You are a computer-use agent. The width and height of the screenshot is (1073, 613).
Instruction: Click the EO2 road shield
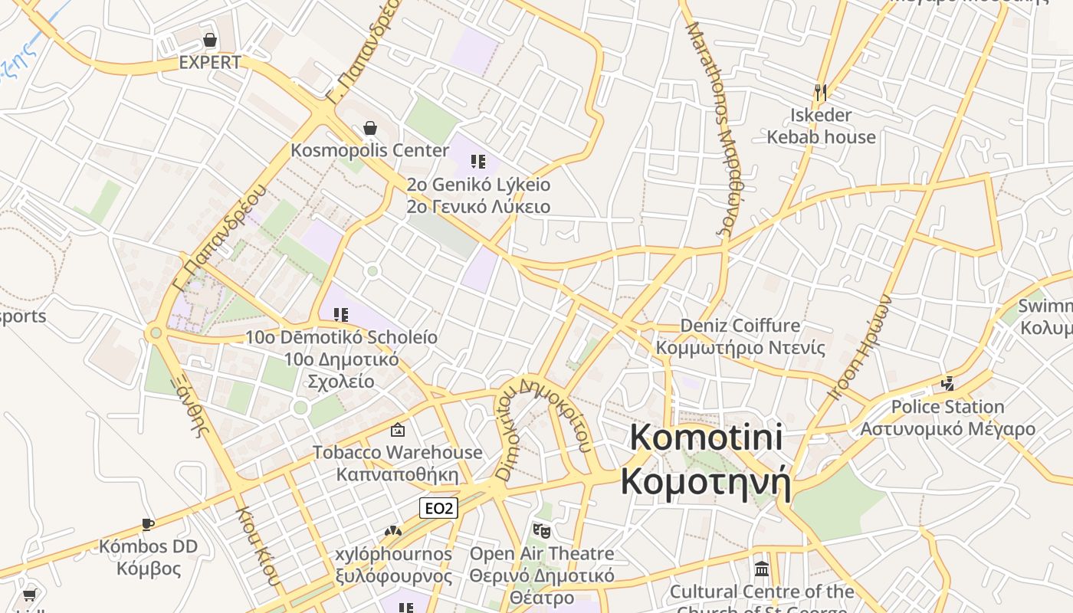click(439, 508)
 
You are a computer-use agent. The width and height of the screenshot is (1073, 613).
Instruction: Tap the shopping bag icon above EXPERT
click(210, 40)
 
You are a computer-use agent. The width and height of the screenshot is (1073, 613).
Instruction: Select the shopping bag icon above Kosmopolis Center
click(370, 127)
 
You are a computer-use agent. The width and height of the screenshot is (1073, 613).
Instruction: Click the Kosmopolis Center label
click(369, 150)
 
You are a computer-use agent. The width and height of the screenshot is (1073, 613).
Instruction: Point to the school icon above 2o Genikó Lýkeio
click(478, 162)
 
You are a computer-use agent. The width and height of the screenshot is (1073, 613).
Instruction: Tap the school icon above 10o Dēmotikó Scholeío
click(341, 314)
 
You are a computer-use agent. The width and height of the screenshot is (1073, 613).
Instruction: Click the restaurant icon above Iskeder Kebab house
click(821, 93)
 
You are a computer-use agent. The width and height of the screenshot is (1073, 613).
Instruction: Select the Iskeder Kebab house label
click(821, 126)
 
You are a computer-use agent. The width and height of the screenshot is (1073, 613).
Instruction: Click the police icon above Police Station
click(948, 383)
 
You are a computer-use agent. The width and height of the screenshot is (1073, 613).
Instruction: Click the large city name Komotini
click(706, 437)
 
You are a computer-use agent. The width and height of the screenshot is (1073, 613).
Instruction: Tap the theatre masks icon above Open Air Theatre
click(542, 530)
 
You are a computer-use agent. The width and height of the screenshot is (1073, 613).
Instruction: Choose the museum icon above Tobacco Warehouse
click(397, 430)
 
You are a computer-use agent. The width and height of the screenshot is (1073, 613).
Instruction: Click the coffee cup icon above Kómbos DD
click(148, 524)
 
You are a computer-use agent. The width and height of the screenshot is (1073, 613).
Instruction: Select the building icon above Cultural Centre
click(762, 569)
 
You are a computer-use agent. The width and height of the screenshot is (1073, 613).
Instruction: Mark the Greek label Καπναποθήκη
click(397, 474)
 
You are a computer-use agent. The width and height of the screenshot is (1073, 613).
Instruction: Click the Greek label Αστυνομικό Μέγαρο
click(947, 429)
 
